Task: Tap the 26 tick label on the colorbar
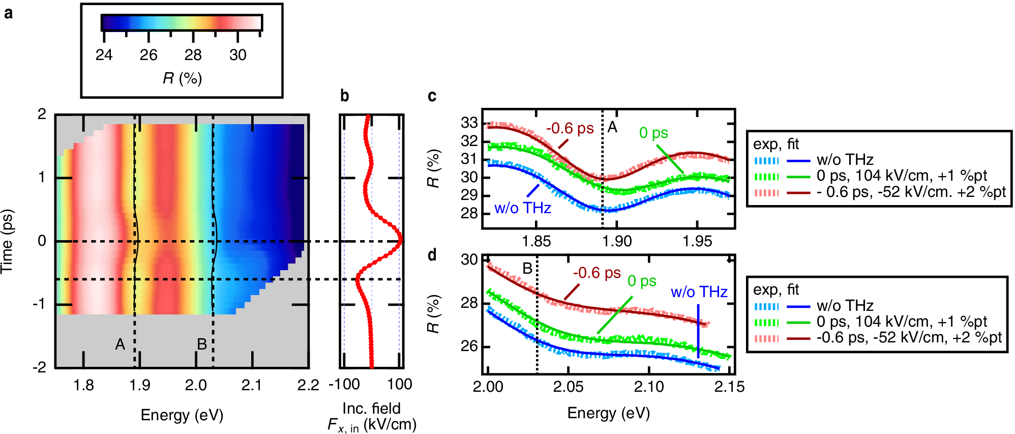click(148, 55)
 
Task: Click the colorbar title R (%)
click(182, 78)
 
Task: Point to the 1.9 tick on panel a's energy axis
click(139, 385)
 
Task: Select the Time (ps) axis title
click(7, 241)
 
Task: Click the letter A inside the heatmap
click(120, 344)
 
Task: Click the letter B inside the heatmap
click(202, 344)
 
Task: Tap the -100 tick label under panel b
click(344, 385)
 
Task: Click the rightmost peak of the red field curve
click(401, 239)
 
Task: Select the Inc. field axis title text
click(371, 409)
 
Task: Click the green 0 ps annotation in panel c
click(653, 133)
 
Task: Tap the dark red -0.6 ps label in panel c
click(570, 129)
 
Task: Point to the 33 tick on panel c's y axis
click(469, 123)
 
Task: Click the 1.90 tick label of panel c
click(617, 241)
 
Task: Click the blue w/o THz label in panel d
click(699, 292)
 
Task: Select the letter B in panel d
click(527, 268)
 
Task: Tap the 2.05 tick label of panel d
click(568, 387)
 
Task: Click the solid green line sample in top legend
click(798, 177)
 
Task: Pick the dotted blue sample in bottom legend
click(766, 306)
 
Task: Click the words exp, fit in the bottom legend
click(775, 290)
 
